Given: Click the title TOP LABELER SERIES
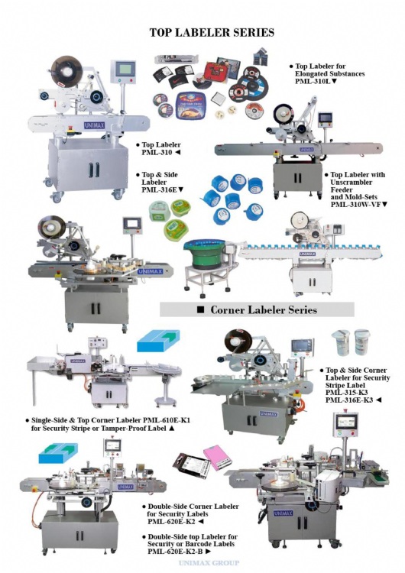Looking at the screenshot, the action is point(212,33).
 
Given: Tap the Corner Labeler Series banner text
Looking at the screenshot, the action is point(264,310).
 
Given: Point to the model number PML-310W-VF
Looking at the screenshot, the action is point(355,205).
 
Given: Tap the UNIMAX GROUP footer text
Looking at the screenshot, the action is point(209,563).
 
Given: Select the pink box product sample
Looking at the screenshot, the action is point(218,456).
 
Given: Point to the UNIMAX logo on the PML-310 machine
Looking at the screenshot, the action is point(94,125).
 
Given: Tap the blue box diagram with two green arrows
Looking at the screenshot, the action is point(59,453).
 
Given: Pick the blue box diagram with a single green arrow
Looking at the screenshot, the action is point(159,341).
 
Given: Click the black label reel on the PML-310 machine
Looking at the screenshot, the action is point(66,71).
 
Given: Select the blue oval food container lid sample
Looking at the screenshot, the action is point(190,105).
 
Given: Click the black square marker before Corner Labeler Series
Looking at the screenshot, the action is point(201,310).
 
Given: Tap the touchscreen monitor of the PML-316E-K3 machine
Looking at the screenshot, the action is point(302,345).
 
